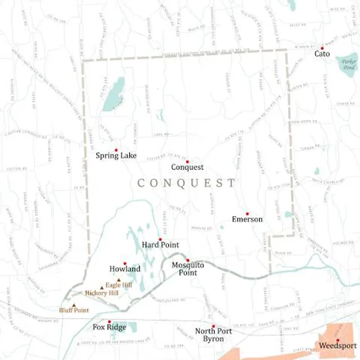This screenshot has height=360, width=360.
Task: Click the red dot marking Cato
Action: pyautogui.click(x=322, y=48)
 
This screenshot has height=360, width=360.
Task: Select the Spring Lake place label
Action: pyautogui.click(x=116, y=156)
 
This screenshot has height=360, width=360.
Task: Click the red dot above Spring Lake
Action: pyautogui.click(x=116, y=150)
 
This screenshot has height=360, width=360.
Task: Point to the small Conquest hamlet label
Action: pyautogui.click(x=187, y=167)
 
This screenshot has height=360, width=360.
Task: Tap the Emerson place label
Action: pyautogui.click(x=247, y=219)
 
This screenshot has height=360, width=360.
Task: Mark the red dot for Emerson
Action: pyautogui.click(x=247, y=214)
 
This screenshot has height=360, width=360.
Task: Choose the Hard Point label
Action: pyautogui.click(x=160, y=245)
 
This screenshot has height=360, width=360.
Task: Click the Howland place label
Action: pyautogui.click(x=125, y=269)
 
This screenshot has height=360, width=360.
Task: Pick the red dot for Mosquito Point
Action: pyautogui.click(x=187, y=260)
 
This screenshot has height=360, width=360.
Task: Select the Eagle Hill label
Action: pyautogui.click(x=123, y=285)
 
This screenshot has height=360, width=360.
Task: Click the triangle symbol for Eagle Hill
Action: pyautogui.click(x=118, y=280)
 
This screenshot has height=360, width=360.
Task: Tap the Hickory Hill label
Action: pyautogui.click(x=102, y=293)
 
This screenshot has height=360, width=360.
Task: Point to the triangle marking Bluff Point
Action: pyautogui.click(x=74, y=304)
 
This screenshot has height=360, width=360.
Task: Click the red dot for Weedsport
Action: pyautogui.click(x=337, y=340)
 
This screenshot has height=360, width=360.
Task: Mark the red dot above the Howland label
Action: pyautogui.click(x=125, y=263)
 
